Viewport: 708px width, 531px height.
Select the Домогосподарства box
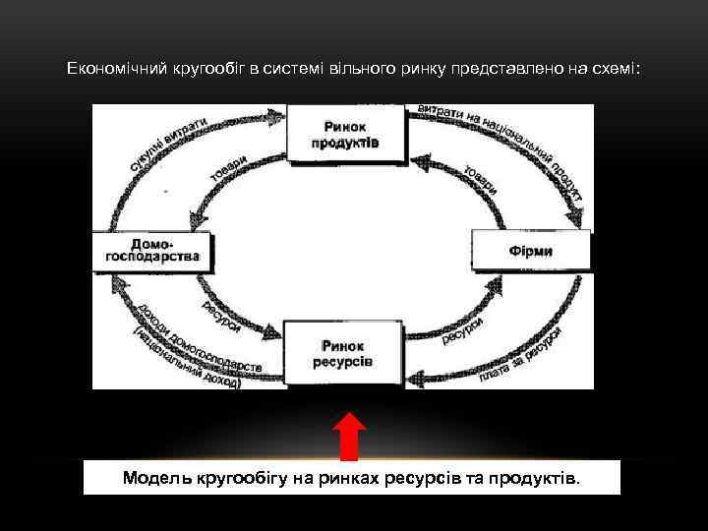(151, 252)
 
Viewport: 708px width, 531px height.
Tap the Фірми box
(531, 251)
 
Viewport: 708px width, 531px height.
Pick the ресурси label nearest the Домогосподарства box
(221, 316)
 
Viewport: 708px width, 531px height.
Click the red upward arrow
(348, 438)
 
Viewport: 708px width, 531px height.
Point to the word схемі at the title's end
(616, 69)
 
